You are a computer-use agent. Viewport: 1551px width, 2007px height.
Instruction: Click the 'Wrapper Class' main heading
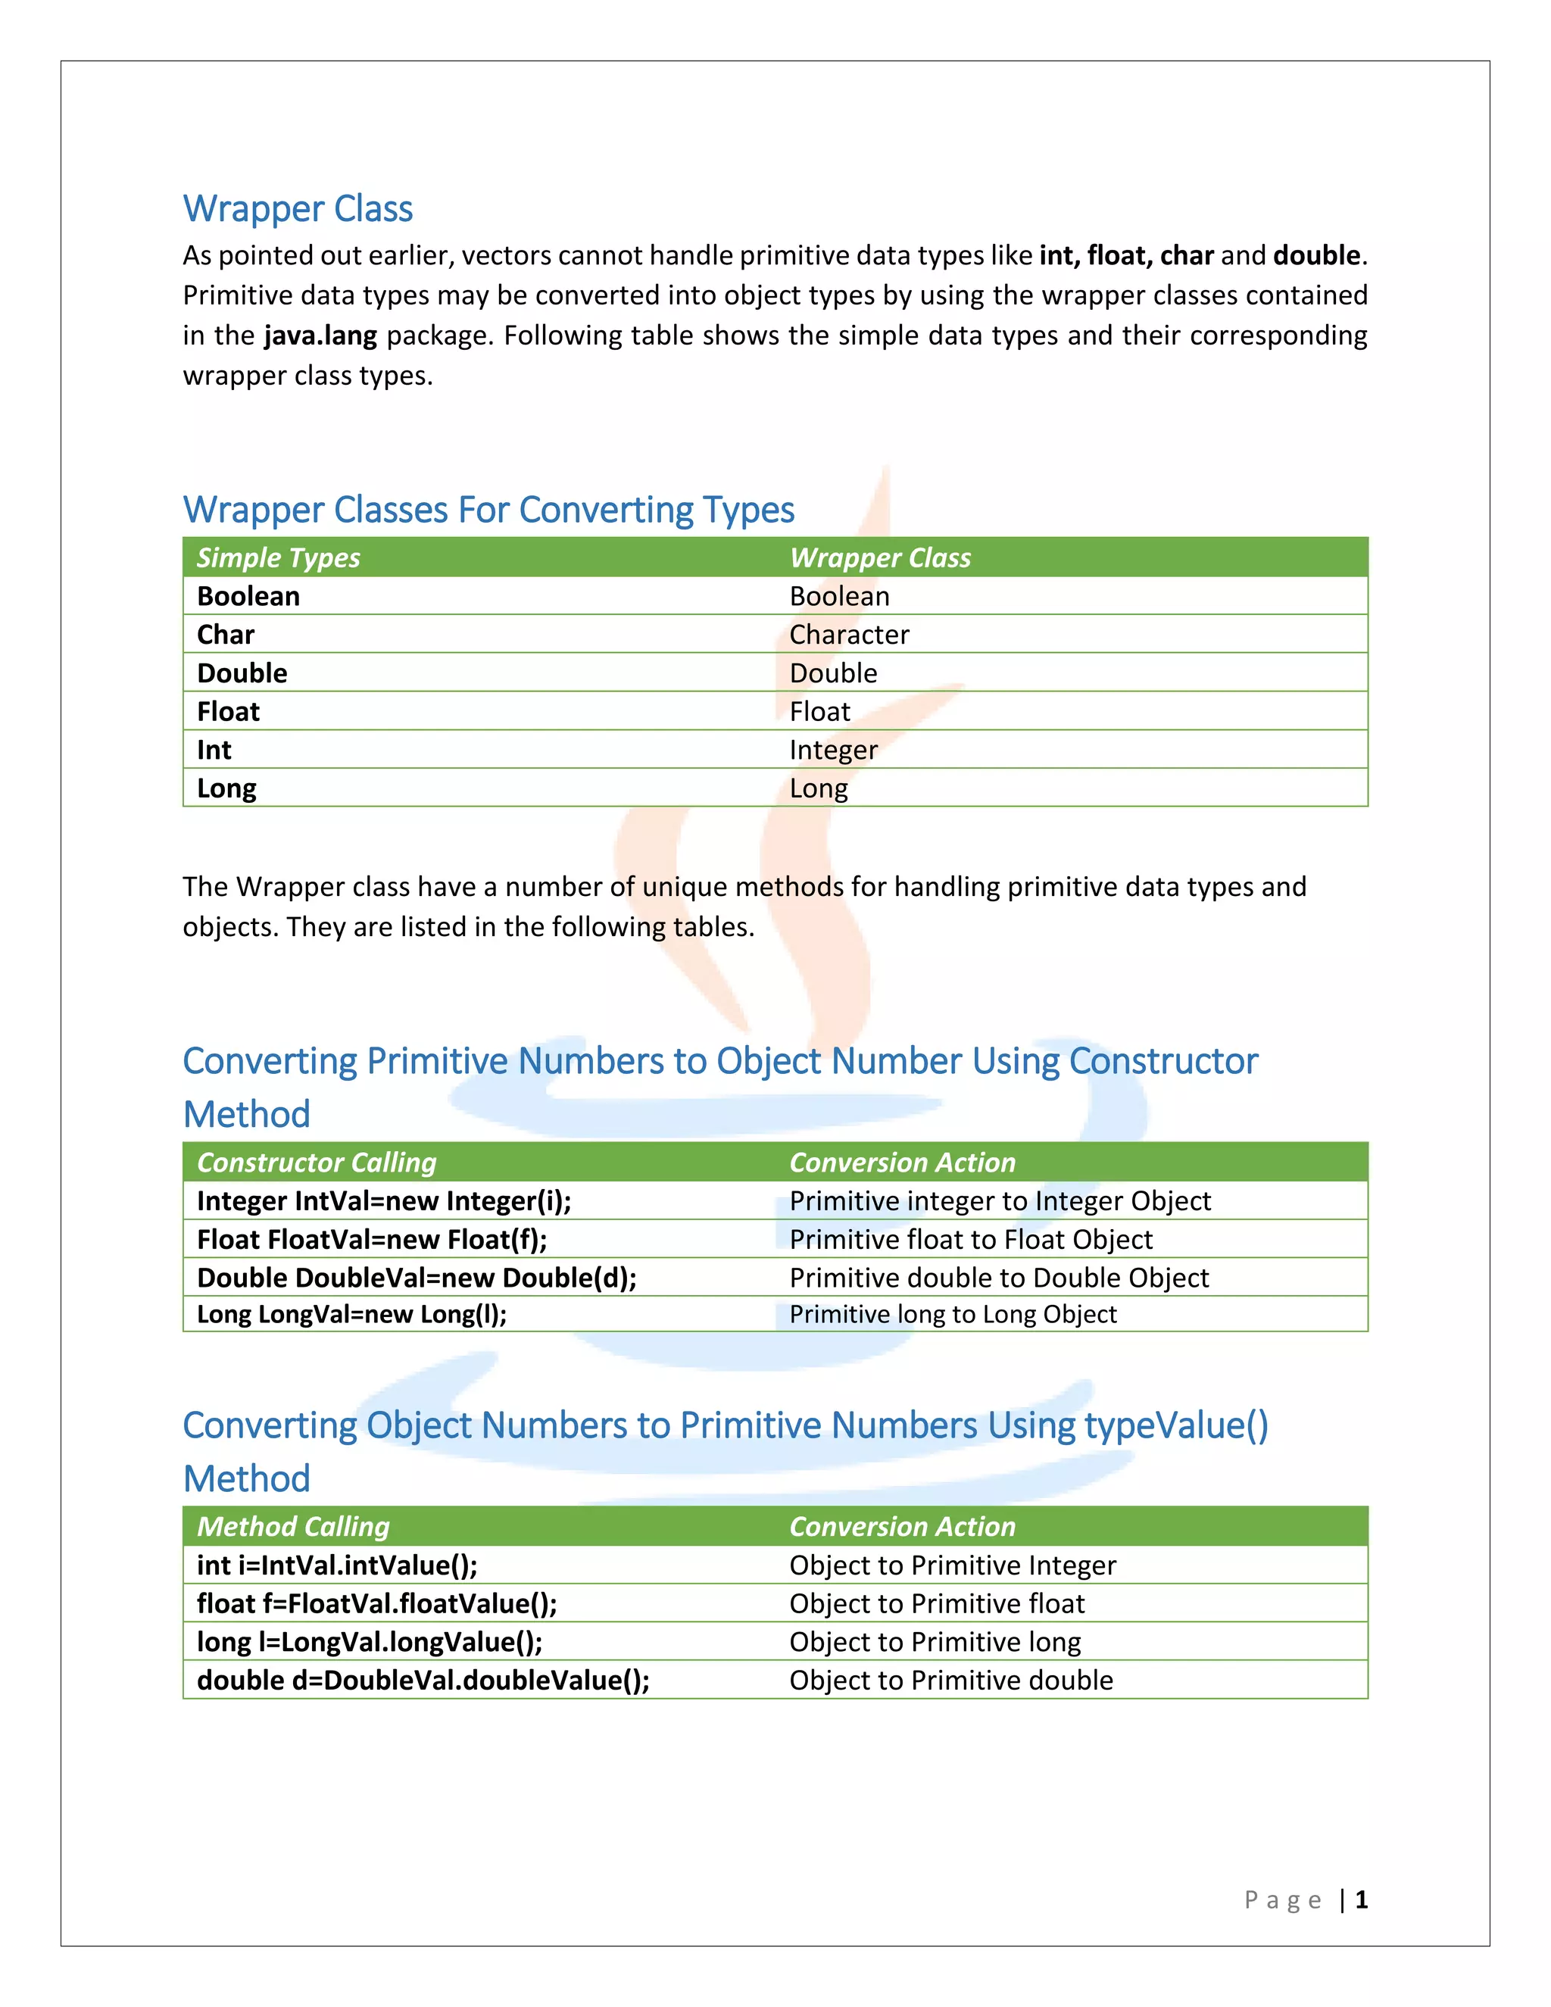pyautogui.click(x=298, y=210)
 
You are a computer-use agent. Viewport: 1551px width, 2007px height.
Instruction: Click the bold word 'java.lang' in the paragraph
pyautogui.click(x=320, y=336)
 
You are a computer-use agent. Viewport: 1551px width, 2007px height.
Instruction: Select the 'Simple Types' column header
pyautogui.click(x=279, y=558)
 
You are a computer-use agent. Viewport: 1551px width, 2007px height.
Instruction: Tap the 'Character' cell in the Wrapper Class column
pyautogui.click(x=849, y=635)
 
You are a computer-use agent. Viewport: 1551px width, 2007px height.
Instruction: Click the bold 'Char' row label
pyautogui.click(x=225, y=635)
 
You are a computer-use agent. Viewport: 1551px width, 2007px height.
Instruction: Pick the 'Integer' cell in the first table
pyautogui.click(x=833, y=750)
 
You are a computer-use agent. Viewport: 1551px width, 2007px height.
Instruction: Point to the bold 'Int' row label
pyautogui.click(x=214, y=750)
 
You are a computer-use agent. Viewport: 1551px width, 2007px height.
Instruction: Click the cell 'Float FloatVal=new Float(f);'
pyautogui.click(x=372, y=1240)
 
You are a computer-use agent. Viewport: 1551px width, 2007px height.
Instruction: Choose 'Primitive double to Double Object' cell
pyautogui.click(x=999, y=1278)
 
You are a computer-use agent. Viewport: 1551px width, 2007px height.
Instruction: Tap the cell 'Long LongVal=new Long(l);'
pyautogui.click(x=352, y=1314)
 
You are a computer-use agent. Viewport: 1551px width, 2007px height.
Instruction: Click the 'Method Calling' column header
pyautogui.click(x=293, y=1526)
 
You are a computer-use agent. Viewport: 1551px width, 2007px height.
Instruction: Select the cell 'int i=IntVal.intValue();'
pyautogui.click(x=337, y=1565)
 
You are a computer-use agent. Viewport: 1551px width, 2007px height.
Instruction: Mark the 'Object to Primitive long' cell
pyautogui.click(x=935, y=1642)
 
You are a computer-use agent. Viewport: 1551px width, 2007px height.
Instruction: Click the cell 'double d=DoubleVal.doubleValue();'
pyautogui.click(x=423, y=1681)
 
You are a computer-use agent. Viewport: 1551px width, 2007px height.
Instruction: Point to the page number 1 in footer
pyautogui.click(x=1362, y=1899)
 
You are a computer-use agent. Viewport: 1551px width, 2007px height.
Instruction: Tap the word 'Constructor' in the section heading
pyautogui.click(x=1163, y=1061)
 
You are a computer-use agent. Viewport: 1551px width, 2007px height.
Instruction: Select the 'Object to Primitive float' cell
pyautogui.click(x=936, y=1603)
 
